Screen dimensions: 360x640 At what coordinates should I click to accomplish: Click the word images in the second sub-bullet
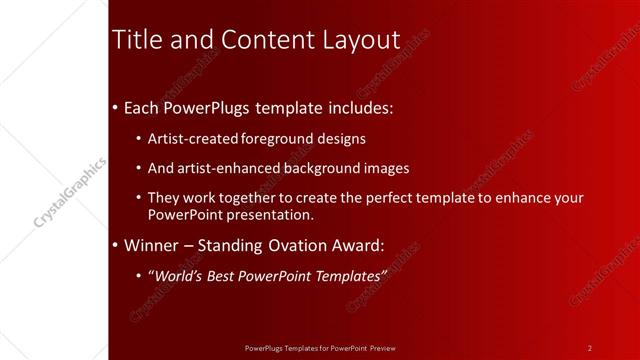coord(387,168)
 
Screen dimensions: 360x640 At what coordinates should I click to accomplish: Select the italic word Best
coord(226,275)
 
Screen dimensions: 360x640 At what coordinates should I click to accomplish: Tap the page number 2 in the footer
coord(590,348)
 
